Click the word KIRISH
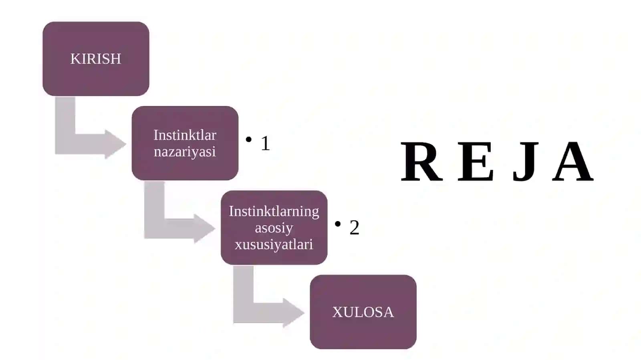tap(96, 59)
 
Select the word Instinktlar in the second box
tap(185, 135)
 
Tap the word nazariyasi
tap(185, 152)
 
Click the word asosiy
tap(274, 228)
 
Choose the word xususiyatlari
tap(274, 245)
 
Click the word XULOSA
tap(363, 312)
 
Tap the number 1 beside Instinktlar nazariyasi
tap(265, 143)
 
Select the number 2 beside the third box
tap(354, 227)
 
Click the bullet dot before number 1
tap(249, 139)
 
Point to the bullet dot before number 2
tap(338, 224)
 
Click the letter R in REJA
tap(421, 161)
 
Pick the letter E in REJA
tap(476, 161)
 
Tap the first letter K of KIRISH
tap(75, 59)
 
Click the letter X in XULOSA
tap(338, 312)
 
